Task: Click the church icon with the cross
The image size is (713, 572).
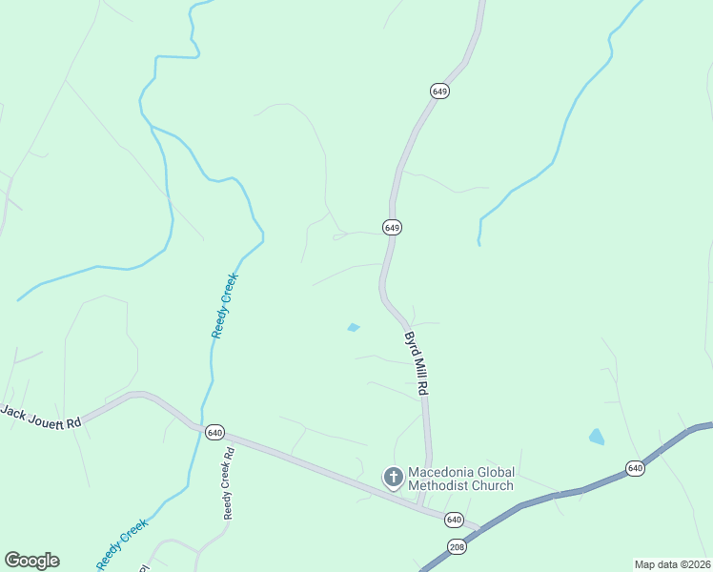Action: [393, 477]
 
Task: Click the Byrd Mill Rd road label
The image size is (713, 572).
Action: [414, 364]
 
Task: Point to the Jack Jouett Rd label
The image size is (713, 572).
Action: [41, 417]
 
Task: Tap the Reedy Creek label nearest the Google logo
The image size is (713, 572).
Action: [122, 543]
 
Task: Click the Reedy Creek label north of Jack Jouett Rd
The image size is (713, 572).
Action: [224, 305]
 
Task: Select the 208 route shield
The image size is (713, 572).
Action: [456, 546]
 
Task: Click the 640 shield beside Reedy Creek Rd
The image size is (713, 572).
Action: [214, 431]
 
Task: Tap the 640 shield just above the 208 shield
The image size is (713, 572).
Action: [454, 520]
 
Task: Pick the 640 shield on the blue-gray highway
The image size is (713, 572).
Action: [636, 467]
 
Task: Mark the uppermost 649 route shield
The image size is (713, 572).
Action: [439, 91]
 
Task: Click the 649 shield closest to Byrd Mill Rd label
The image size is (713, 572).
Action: [392, 227]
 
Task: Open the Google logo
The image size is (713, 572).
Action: [31, 561]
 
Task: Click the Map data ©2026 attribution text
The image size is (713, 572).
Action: [672, 564]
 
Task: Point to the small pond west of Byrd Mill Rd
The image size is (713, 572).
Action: [354, 328]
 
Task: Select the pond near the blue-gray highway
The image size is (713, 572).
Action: [597, 437]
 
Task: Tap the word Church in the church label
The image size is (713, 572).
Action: [492, 485]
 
